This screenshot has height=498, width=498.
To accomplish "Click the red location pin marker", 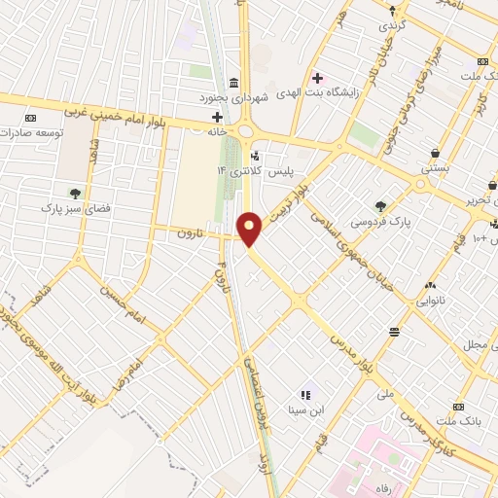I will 250,228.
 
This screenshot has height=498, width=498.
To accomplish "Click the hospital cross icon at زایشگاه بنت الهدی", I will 317,77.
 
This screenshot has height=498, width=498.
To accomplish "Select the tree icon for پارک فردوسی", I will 381,205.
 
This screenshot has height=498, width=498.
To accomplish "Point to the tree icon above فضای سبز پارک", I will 73,192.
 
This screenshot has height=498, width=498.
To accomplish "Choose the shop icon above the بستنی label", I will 434,153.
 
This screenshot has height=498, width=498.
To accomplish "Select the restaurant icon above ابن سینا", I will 304,395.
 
